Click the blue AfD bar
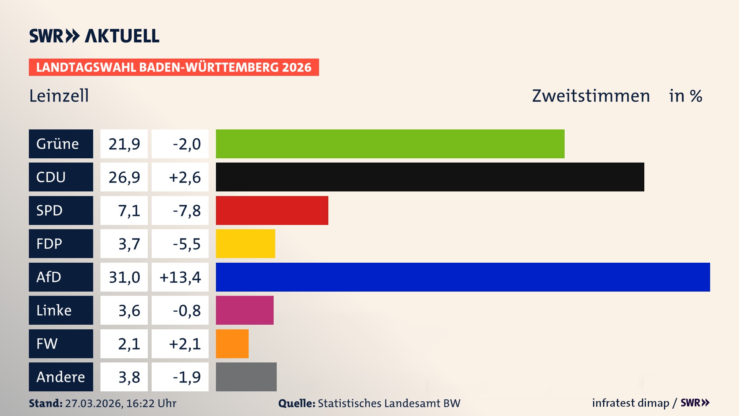(463, 277)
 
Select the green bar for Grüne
(390, 144)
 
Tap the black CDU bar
(430, 177)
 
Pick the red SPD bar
(272, 210)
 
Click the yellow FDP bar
(245, 243)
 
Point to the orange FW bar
(232, 344)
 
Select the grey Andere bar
(246, 377)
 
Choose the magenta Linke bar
(244, 310)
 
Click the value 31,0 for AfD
(124, 277)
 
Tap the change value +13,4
(180, 277)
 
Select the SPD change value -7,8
(187, 211)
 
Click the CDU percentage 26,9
(124, 177)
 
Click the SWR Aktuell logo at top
(94, 36)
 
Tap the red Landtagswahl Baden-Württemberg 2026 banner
(174, 67)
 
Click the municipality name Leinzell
(59, 96)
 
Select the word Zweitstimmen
(591, 96)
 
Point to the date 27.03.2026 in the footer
(94, 403)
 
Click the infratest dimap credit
(630, 403)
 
